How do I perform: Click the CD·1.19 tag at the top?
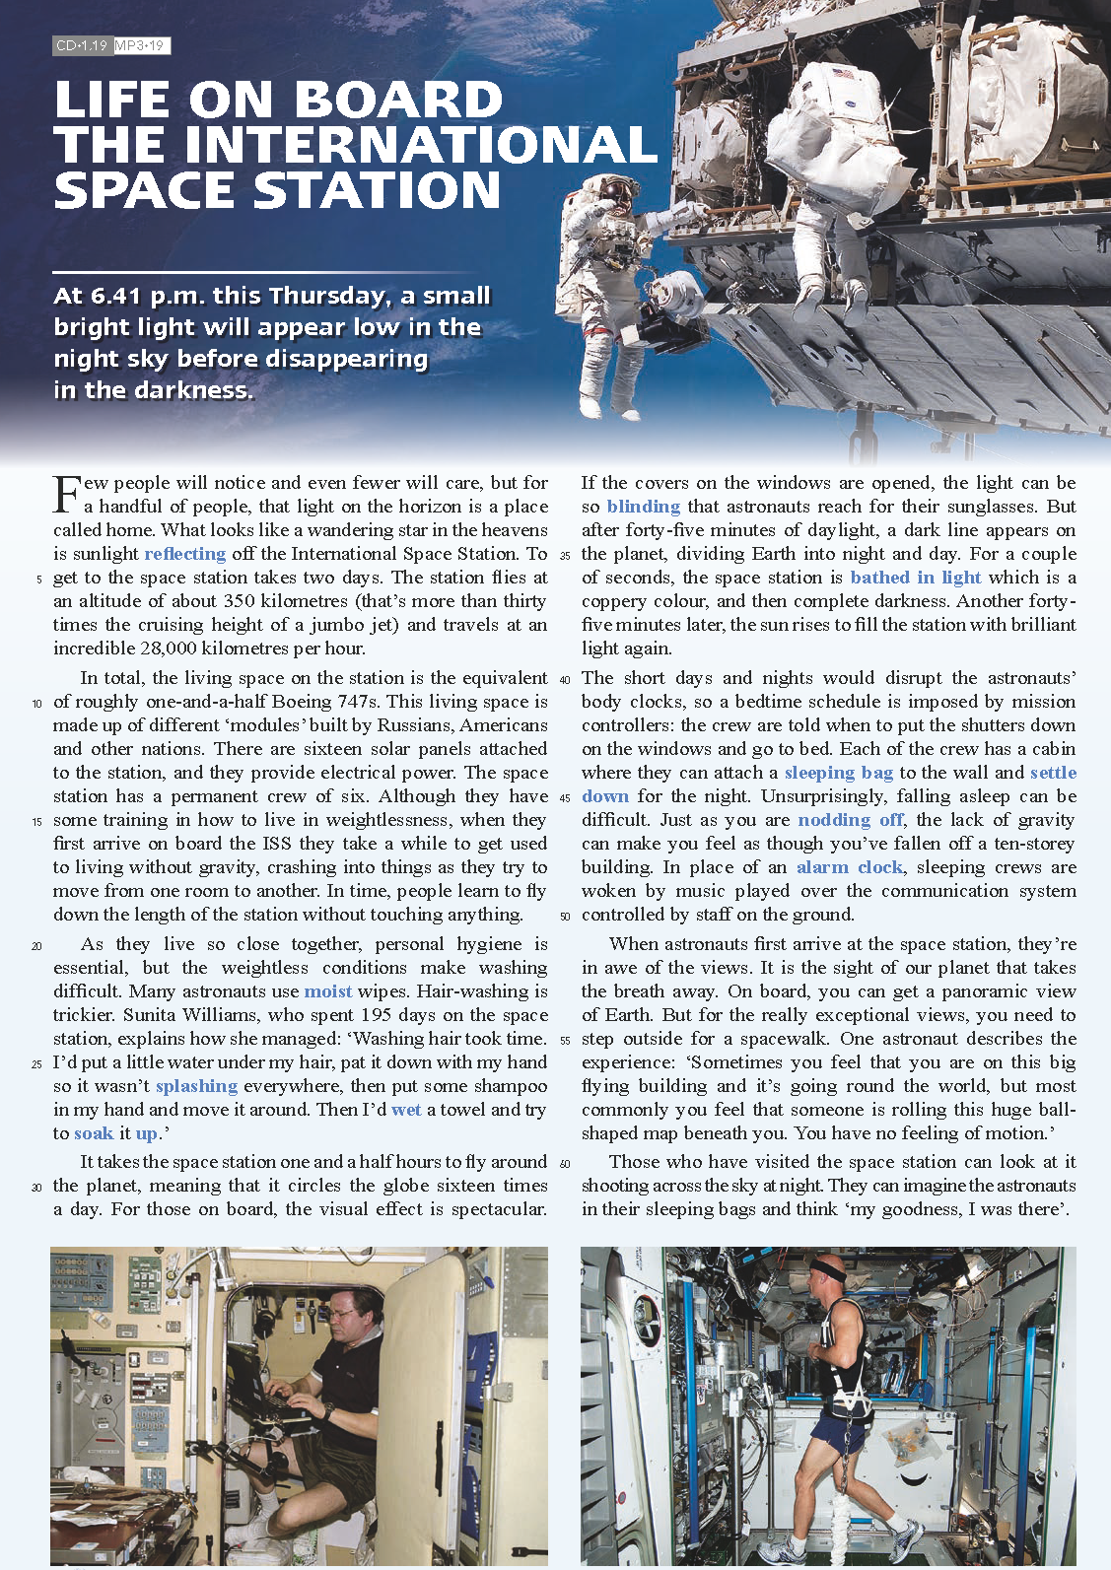tap(82, 45)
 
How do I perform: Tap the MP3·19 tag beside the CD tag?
tap(141, 45)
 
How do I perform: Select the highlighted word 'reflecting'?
tap(185, 554)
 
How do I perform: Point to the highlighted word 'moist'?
tap(328, 991)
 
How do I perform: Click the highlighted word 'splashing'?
tap(196, 1086)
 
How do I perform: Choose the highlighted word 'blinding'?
tap(644, 507)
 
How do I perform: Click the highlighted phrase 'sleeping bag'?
tap(839, 773)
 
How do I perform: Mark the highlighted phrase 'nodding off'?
tap(851, 820)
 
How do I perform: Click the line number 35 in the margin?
tap(565, 556)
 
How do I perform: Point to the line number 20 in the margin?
tap(36, 946)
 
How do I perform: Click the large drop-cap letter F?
tap(66, 494)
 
